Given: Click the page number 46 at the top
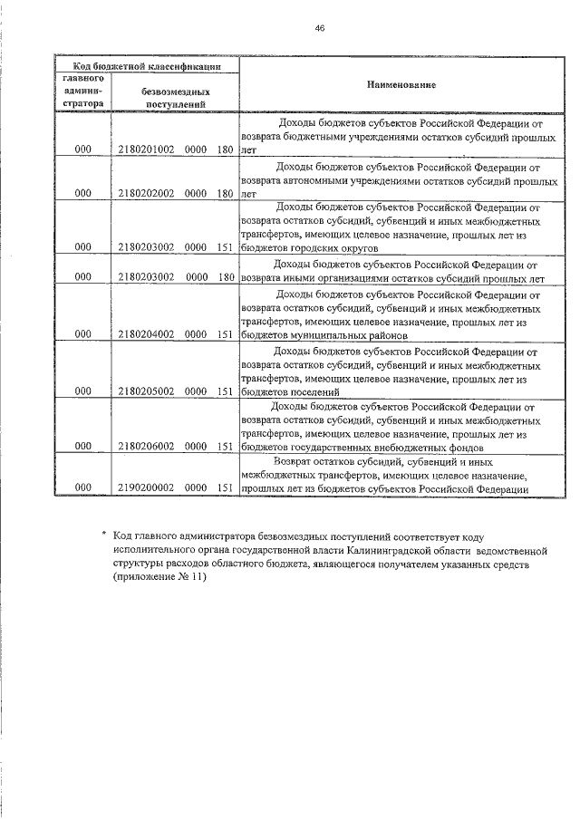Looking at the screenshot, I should [320, 28].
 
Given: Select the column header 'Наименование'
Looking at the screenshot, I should [401, 84].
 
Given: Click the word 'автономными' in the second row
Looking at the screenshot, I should [315, 180].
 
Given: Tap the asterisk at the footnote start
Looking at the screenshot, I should [104, 535].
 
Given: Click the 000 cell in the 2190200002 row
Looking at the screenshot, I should [83, 488].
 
